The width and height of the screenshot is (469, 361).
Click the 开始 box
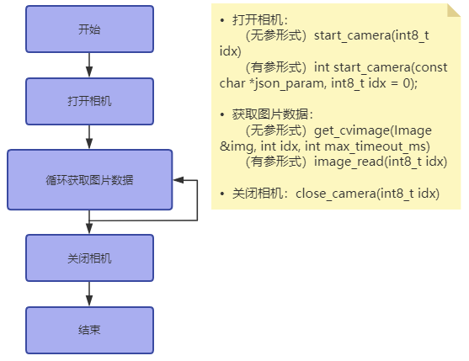[x=89, y=29]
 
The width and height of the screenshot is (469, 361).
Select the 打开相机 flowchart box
[x=89, y=101]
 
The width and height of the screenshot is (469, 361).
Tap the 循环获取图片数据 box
[x=89, y=180]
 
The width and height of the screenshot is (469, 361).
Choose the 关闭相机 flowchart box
[x=89, y=257]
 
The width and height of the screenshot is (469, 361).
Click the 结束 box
[x=89, y=330]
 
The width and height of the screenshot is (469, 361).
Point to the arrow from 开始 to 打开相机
[x=89, y=65]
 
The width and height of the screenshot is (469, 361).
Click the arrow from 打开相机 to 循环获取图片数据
[x=89, y=137]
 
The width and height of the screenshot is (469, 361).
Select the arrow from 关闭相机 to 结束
[x=89, y=294]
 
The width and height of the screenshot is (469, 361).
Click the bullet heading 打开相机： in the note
[x=260, y=19]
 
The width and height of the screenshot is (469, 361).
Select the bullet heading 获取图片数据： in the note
[x=272, y=114]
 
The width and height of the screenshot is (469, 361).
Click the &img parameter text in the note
[x=235, y=146]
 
